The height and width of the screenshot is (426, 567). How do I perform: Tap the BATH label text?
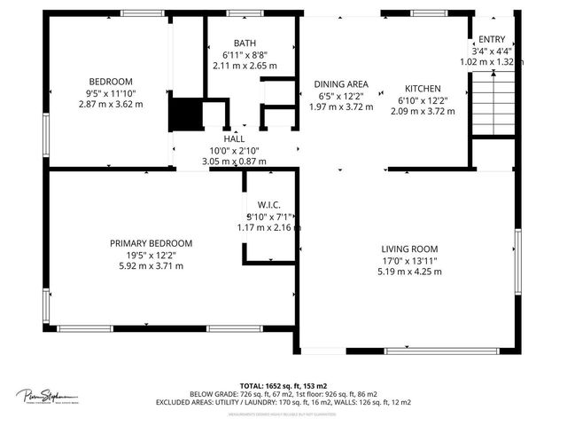[x=245, y=43]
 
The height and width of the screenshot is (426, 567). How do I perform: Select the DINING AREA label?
[x=341, y=85]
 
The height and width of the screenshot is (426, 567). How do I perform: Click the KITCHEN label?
[x=423, y=89]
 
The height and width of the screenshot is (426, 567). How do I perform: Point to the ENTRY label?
[x=492, y=40]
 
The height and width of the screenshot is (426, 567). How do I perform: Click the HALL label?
[x=234, y=139]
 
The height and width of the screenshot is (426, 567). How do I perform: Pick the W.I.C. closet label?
[x=269, y=205]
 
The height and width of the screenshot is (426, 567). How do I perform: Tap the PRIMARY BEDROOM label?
[x=151, y=243]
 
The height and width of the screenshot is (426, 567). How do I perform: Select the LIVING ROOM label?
[x=410, y=249]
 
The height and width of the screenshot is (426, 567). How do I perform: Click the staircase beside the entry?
[x=493, y=103]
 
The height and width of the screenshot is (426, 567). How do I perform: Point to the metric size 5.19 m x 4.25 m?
[x=410, y=272]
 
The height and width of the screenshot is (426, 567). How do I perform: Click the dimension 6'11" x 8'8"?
[x=245, y=55]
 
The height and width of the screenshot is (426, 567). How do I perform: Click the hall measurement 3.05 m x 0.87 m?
[x=234, y=162]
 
